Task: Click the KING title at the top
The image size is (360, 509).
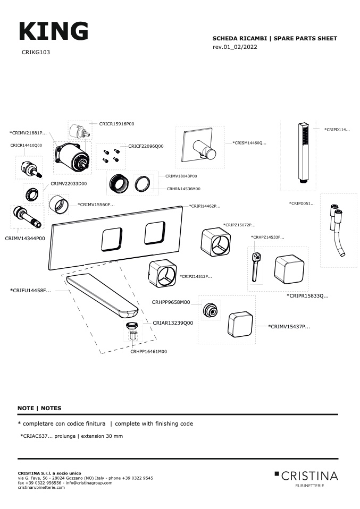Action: coord(53,32)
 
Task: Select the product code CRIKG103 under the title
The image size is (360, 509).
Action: coord(36,53)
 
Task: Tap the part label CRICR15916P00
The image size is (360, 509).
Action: coord(116,123)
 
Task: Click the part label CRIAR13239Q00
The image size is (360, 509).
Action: coord(173,323)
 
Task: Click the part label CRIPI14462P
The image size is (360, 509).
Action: coord(204,206)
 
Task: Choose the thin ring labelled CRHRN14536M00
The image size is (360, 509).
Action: coord(143,184)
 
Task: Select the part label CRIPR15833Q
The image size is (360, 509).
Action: coord(308,295)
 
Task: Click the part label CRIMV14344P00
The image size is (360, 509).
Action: coord(25,239)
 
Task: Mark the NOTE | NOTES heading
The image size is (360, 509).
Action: coord(39,408)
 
